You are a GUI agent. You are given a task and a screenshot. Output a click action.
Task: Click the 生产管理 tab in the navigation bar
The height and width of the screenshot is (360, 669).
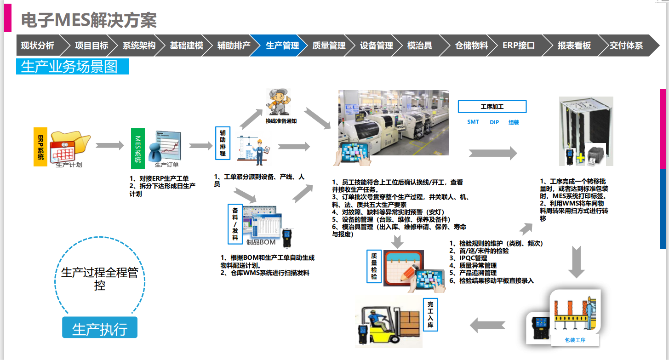coord(281,46)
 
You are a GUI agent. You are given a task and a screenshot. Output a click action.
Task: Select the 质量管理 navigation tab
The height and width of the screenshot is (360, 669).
coord(329,46)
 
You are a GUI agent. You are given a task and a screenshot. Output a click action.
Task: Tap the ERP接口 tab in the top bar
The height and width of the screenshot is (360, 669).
coord(518,46)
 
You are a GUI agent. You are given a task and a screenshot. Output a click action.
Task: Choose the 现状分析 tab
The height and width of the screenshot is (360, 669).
coord(38,46)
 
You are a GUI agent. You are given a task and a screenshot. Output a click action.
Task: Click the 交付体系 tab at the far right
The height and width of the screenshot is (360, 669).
coord(626,46)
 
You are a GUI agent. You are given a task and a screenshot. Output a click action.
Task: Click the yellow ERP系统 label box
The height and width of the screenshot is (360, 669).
coord(40,147)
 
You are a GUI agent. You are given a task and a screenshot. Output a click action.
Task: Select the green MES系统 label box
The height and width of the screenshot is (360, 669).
coord(137,149)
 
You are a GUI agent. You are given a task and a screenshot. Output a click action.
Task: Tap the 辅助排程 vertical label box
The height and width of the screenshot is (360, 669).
coord(223,143)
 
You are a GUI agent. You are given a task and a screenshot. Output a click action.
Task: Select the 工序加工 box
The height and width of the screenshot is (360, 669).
coord(492,107)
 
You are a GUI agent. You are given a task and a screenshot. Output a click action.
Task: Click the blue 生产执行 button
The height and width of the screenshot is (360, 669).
coord(100,329)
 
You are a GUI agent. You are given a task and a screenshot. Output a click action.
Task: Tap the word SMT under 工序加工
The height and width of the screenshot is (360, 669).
coord(473,122)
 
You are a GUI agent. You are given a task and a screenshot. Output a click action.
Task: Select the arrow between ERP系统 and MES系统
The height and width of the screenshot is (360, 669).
coord(110,146)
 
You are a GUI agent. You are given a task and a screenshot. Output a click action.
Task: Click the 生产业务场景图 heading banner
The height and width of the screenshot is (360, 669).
coord(72,67)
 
